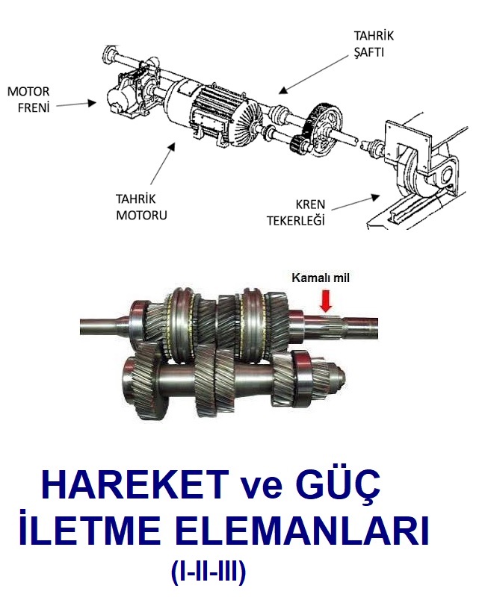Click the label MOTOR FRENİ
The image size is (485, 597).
point(28,100)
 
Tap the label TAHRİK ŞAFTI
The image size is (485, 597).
point(374,44)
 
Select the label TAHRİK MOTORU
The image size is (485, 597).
point(141,207)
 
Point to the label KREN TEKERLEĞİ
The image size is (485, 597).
point(296,213)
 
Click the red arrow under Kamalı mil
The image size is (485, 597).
point(327,301)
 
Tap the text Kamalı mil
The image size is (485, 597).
point(321,278)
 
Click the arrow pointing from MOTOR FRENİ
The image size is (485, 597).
point(76,104)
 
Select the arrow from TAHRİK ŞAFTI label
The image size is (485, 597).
point(313,73)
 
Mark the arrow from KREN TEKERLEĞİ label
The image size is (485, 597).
point(356,202)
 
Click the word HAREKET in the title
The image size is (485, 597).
point(135,484)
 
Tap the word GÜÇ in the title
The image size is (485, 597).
point(342,484)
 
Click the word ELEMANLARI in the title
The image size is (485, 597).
point(304,531)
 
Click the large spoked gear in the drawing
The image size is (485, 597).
point(325,129)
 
